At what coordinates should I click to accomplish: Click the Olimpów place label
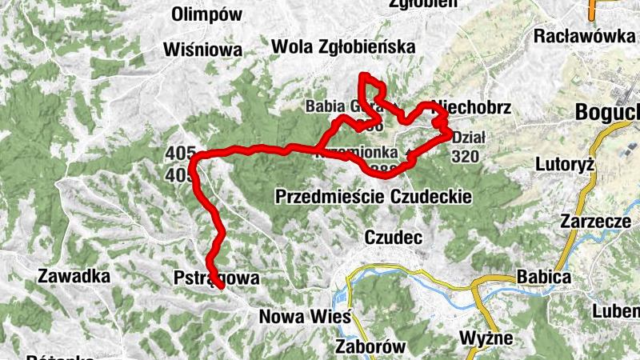pyautogui.click(x=206, y=14)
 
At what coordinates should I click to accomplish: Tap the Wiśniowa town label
pyautogui.click(x=202, y=50)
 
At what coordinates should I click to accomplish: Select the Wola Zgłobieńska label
pyautogui.click(x=344, y=47)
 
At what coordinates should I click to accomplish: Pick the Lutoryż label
pyautogui.click(x=565, y=164)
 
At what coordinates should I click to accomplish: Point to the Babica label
pyautogui.click(x=544, y=277)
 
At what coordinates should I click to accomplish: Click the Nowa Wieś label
pyautogui.click(x=305, y=317)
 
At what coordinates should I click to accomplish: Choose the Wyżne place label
pyautogui.click(x=486, y=338)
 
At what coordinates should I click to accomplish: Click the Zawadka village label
pyautogui.click(x=73, y=277)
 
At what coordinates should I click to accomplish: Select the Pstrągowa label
pyautogui.click(x=216, y=278)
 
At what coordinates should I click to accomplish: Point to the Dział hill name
pyautogui.click(x=469, y=137)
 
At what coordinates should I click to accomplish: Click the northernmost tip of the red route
pyautogui.click(x=364, y=75)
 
